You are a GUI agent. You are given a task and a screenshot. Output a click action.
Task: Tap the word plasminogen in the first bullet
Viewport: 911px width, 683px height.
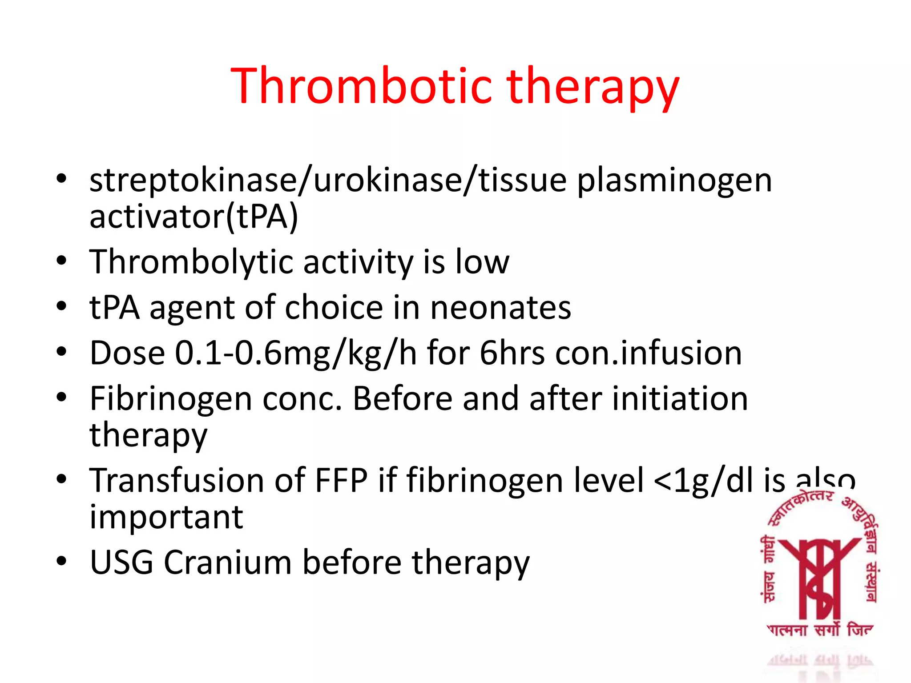coord(674,181)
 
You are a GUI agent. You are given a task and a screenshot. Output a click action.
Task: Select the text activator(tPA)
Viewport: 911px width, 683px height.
coord(193,217)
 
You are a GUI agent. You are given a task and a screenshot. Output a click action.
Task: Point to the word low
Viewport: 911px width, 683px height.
coord(482,262)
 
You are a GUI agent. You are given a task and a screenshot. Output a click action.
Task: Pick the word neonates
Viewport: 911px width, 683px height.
coord(500,308)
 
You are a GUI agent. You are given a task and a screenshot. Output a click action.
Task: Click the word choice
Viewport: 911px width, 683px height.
coord(334,308)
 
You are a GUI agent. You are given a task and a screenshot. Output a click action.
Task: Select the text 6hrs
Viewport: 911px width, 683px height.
coord(512,354)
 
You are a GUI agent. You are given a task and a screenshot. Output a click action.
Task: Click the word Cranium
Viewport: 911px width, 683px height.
coord(227,562)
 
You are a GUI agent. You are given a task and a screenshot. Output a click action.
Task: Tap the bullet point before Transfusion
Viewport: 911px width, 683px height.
coord(61,479)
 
